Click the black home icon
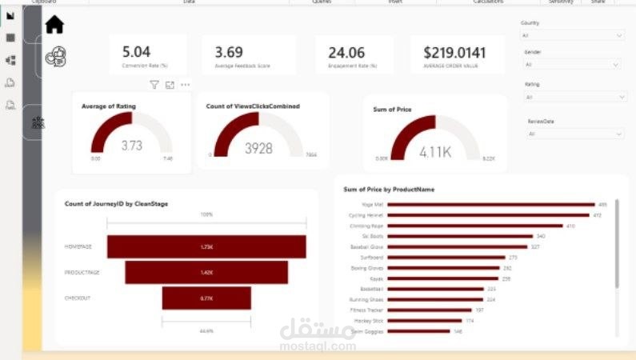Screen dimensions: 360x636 point(54,26)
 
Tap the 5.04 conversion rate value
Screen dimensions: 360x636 point(136,52)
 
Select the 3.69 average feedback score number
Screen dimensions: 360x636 point(229,52)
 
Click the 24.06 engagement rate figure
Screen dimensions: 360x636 point(346,52)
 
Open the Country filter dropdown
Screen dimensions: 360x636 point(572,36)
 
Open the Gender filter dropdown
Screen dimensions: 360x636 point(572,64)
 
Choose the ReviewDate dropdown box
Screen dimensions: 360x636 point(574,134)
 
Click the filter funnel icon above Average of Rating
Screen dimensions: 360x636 point(154,85)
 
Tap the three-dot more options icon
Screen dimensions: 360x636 point(185,85)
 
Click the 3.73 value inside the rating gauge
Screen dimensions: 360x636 point(131,146)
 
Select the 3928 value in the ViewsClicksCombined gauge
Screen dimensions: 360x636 point(258,148)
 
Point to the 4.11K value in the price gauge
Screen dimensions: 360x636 point(435,151)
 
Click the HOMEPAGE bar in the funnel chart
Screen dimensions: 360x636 point(206,246)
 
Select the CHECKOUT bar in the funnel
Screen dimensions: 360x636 point(206,298)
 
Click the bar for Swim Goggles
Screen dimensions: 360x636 point(420,330)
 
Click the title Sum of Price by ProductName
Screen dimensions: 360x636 point(388,190)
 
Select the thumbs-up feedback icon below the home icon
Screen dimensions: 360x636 point(56,55)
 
